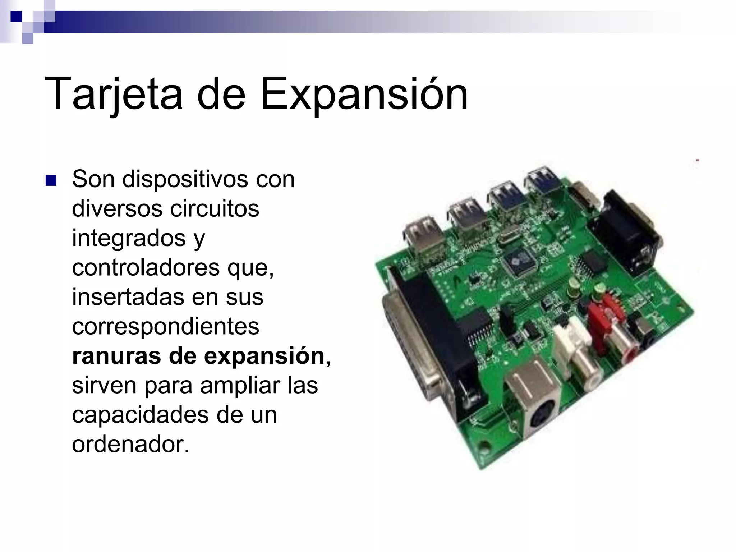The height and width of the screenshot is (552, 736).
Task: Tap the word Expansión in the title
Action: click(x=364, y=94)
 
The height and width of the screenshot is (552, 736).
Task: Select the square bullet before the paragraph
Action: click(x=51, y=180)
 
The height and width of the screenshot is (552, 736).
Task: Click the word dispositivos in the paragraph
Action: click(x=185, y=179)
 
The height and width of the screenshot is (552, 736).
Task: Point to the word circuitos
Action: click(x=214, y=208)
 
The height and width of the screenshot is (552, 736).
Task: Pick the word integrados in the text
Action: click(x=129, y=238)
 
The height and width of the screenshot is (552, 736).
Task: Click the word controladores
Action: click(x=146, y=267)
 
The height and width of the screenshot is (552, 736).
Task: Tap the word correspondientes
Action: click(x=165, y=326)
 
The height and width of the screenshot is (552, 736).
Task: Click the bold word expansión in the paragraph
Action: click(x=264, y=356)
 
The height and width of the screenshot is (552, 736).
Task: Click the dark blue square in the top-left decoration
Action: click(x=16, y=16)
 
